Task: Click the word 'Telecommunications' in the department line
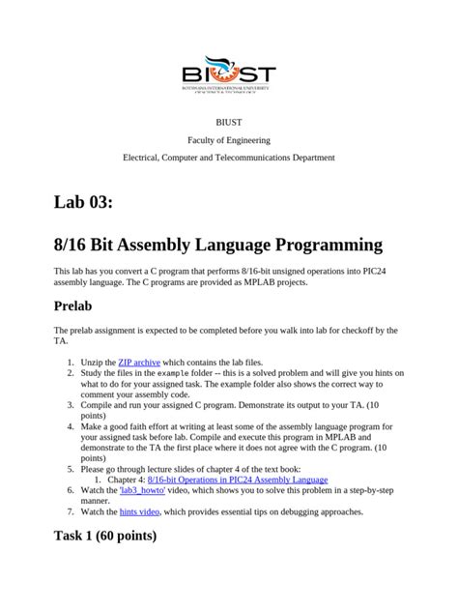point(248,157)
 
